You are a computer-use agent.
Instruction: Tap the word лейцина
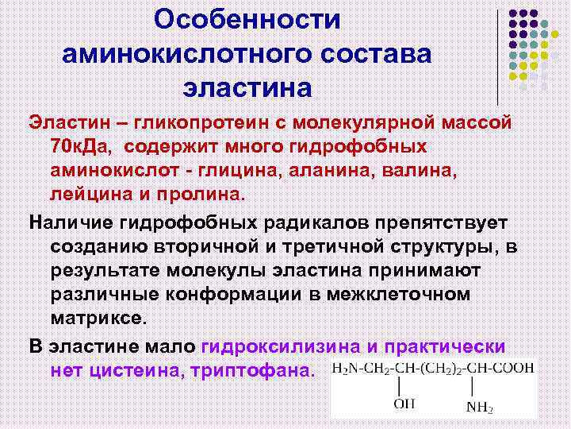[x=88, y=193]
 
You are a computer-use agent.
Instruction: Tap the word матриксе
[x=98, y=316]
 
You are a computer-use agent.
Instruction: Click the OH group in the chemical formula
[x=404, y=405]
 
